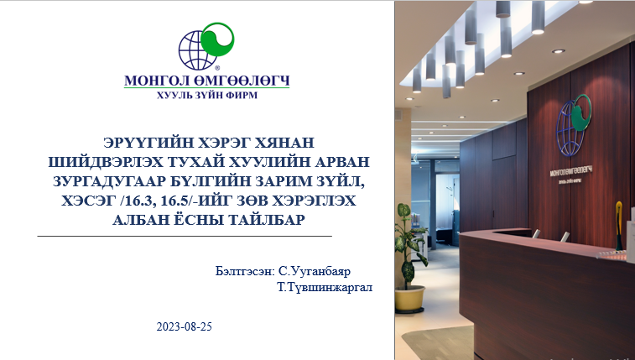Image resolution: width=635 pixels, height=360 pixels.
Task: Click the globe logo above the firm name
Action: point(206,47)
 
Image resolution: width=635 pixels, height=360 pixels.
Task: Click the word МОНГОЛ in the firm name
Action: point(155,81)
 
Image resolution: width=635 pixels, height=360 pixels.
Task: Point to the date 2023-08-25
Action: point(185,326)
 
